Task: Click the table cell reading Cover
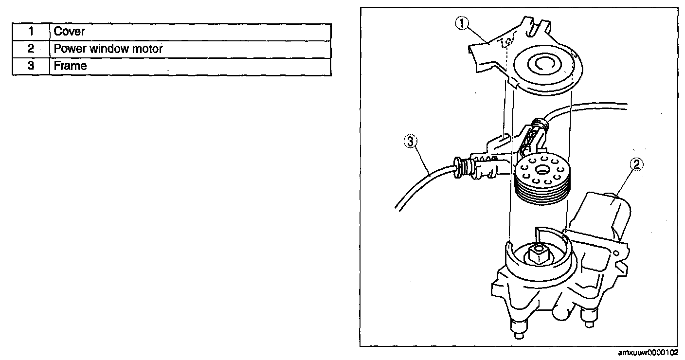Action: (x=70, y=32)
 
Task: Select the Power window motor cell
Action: (x=108, y=49)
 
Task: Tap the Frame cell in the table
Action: (x=70, y=66)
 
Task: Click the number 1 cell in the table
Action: (x=31, y=32)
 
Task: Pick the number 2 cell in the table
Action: (x=31, y=49)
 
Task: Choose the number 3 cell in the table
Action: (x=31, y=66)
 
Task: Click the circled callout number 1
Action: (x=462, y=23)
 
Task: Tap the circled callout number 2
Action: (x=637, y=165)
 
